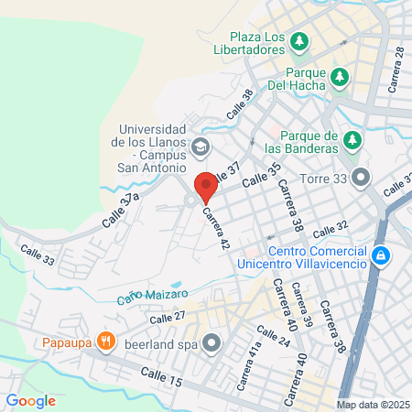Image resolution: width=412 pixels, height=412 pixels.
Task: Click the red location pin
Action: [x=205, y=186]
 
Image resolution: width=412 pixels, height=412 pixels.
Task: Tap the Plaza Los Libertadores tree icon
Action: [x=299, y=41]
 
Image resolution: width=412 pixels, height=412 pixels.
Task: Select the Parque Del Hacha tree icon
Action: [x=341, y=77]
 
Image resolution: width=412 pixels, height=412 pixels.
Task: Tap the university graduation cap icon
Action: [x=201, y=146]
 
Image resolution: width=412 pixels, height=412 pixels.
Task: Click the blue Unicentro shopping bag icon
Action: [x=382, y=256]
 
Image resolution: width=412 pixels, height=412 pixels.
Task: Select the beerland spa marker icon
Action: [x=212, y=344]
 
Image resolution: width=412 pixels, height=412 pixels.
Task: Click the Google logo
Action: [x=30, y=400]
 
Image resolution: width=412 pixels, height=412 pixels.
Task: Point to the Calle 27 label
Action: [x=168, y=317]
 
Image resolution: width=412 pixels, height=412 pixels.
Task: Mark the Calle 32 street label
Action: [x=331, y=226]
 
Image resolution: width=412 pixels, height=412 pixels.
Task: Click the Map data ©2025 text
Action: [x=373, y=405]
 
